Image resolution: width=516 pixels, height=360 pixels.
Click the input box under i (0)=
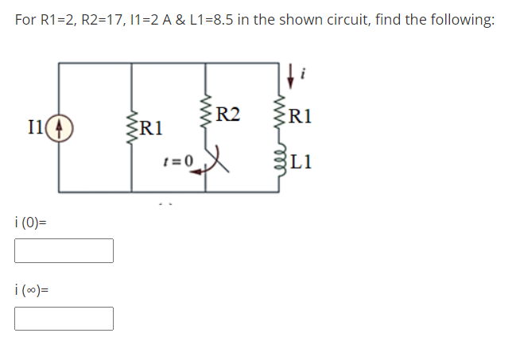tap(64, 251)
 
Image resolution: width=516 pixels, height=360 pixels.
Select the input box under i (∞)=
tap(64, 319)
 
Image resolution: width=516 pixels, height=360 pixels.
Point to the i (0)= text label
tap(31, 224)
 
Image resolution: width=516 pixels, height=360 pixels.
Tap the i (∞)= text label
tap(33, 292)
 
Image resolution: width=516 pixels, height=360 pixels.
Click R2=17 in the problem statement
tap(101, 20)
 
